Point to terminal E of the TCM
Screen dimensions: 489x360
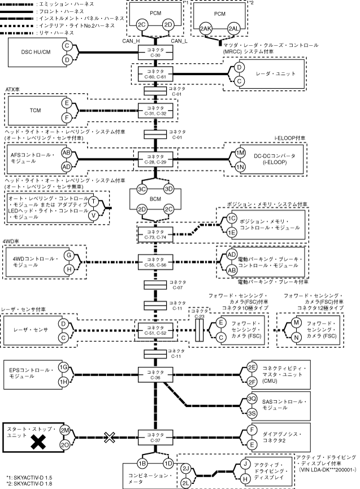(67, 103)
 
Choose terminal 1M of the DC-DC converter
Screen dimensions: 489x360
(240, 153)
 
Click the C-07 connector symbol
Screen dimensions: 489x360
(155, 285)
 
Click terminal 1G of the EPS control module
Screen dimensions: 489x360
(64, 367)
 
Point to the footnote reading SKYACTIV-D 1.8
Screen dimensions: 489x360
(28, 484)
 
